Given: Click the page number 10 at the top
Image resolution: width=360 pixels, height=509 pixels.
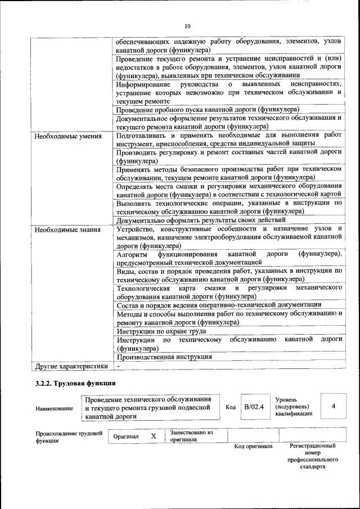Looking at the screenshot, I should click(187, 26).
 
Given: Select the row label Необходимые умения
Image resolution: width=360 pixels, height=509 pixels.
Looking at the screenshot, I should click(67, 136).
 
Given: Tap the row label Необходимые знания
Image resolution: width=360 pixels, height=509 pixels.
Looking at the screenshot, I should click(67, 229).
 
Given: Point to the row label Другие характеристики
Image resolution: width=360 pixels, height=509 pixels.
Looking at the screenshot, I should click(71, 366).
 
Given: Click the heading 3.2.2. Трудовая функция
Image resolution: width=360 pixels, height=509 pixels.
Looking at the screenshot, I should click(75, 384).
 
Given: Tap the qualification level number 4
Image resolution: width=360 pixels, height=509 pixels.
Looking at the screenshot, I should click(334, 406).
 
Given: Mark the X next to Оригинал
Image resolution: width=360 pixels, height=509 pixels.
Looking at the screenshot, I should click(153, 436).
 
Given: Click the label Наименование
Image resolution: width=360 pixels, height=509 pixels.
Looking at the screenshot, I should click(54, 408).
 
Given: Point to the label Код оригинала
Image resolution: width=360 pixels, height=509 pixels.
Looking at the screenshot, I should click(253, 446).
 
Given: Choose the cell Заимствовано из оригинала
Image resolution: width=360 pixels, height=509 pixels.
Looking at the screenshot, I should click(192, 436).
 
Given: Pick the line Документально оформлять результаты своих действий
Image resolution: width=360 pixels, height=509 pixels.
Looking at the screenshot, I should click(201, 220).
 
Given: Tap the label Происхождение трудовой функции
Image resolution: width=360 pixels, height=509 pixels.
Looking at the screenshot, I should click(68, 437).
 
